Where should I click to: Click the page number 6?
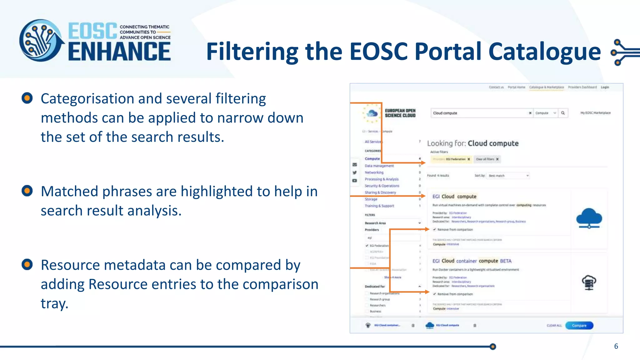[x=616, y=346]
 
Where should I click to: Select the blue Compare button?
[x=579, y=326]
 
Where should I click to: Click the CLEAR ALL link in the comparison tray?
[x=554, y=326]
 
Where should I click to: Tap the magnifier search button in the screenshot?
[x=563, y=113]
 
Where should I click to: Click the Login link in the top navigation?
[x=605, y=87]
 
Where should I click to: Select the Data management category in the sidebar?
[x=379, y=166]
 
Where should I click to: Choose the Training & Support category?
[x=379, y=206]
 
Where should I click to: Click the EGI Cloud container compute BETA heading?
[x=472, y=261]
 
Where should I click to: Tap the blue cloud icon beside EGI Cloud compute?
[x=589, y=218]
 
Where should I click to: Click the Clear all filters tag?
[x=487, y=159]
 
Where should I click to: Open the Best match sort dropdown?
[x=508, y=176]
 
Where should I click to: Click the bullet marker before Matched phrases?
[x=27, y=191]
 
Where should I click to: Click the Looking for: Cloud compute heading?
[x=472, y=143]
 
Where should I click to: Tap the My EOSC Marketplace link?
[x=595, y=113]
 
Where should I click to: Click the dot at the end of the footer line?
[x=493, y=346]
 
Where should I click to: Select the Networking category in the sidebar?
[x=374, y=172]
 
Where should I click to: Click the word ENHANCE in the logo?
[x=119, y=52]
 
